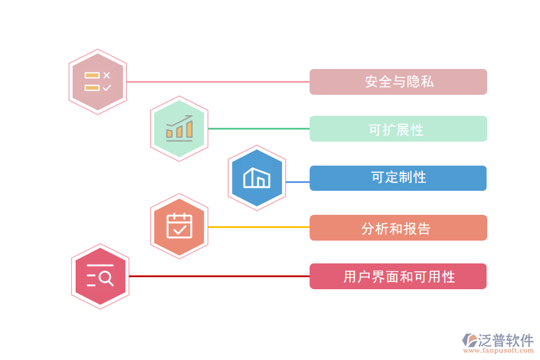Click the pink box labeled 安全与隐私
point(398,82)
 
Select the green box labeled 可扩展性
point(398,129)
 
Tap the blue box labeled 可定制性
point(398,178)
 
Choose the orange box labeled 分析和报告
point(398,228)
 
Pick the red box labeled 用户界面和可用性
point(398,277)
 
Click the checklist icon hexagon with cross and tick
point(98,82)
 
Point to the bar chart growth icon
point(179,128)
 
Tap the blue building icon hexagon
point(257,178)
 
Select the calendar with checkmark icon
point(179,226)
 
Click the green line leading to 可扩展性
point(259,128)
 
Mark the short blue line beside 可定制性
point(298,181)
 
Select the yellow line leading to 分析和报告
point(259,227)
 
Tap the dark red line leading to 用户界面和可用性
point(219,276)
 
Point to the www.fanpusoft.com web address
point(500,351)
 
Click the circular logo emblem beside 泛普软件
point(469,341)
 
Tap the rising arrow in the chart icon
point(180,121)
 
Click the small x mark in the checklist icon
point(106,75)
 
